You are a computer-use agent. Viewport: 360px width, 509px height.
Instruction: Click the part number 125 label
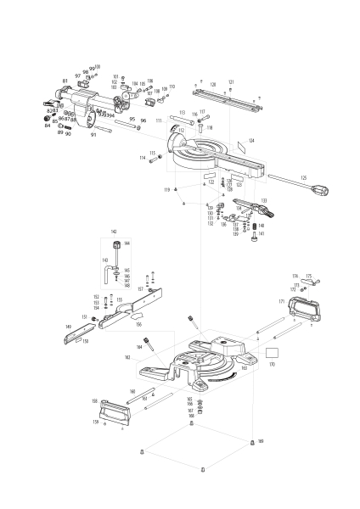pyautogui.click(x=302, y=177)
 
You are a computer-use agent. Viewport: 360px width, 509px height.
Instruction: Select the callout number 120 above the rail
pyautogui.click(x=213, y=84)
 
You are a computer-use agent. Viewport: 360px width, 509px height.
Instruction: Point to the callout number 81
pyautogui.click(x=65, y=81)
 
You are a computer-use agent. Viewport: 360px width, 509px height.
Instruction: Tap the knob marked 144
pyautogui.click(x=115, y=244)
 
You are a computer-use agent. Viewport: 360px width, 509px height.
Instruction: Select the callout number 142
pyautogui.click(x=114, y=231)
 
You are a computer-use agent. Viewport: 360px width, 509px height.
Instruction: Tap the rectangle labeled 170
pyautogui.click(x=273, y=351)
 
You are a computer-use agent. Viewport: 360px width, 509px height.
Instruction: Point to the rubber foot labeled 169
pyautogui.click(x=252, y=443)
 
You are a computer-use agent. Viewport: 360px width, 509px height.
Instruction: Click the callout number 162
pyautogui.click(x=151, y=358)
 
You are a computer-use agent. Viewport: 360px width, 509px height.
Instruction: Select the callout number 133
pyautogui.click(x=263, y=201)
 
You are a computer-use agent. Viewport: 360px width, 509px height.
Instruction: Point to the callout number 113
pyautogui.click(x=182, y=112)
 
